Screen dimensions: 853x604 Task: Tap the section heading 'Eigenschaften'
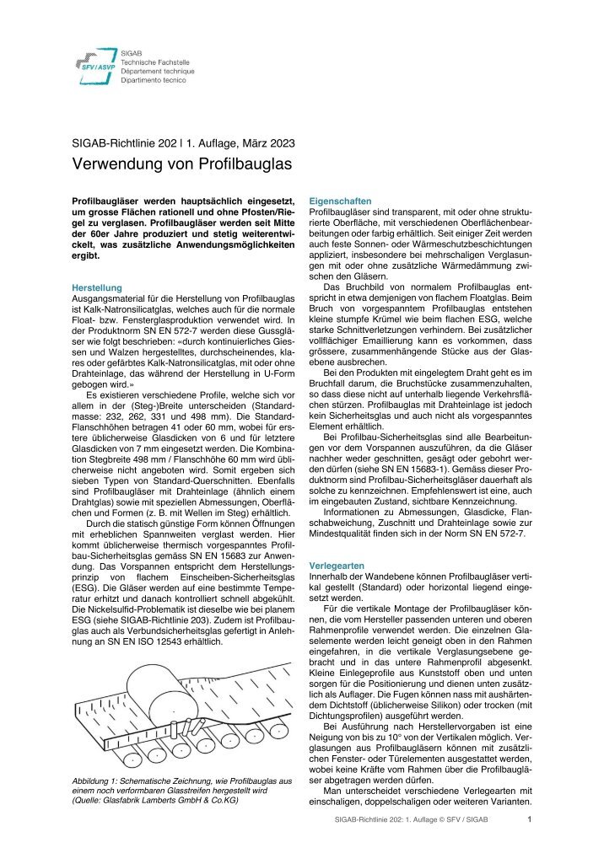tap(341, 201)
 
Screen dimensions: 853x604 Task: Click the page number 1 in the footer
tap(528, 818)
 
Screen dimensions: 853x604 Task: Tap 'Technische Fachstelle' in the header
tap(155, 62)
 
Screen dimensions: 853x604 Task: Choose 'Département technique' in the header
tap(157, 72)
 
